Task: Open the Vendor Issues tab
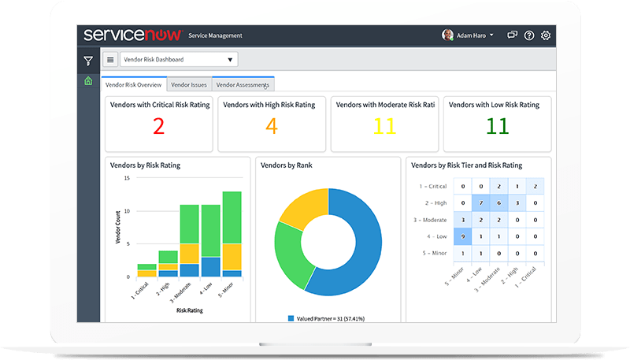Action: pos(189,84)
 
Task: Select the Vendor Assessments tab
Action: pos(243,84)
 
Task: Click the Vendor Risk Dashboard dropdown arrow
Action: pos(230,60)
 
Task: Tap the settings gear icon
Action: pos(546,35)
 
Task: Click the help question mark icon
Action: pos(529,35)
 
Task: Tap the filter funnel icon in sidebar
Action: pos(88,61)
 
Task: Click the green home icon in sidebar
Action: pos(88,81)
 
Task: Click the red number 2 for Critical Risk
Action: pos(158,126)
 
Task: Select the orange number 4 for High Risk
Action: pos(271,126)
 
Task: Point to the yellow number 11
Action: pos(384,126)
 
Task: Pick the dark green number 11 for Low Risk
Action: pos(497,126)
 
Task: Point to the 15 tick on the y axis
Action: pos(126,178)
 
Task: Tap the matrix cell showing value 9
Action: pos(463,235)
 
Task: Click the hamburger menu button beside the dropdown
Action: pos(110,60)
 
